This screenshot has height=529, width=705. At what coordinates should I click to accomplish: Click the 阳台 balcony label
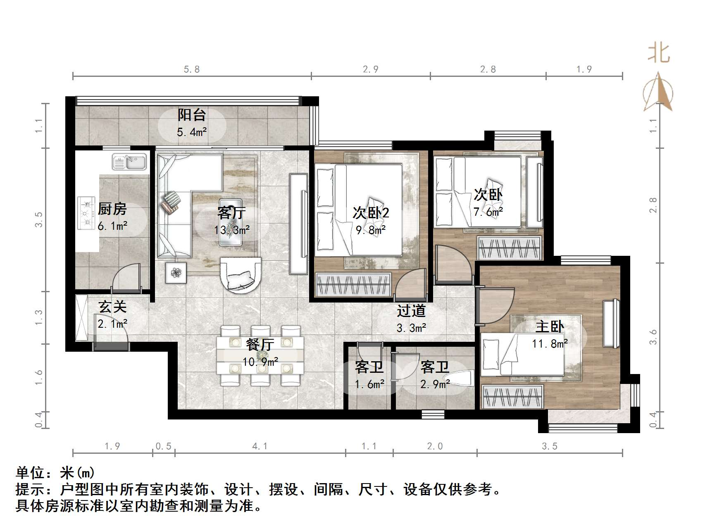pos(192,114)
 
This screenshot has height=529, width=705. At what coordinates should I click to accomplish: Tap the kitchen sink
pos(129,162)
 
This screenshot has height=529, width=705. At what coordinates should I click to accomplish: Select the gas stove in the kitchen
pos(86,213)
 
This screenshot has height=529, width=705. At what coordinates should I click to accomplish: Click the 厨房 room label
pos(112,209)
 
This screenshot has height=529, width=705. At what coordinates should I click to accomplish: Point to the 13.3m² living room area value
pos(232,230)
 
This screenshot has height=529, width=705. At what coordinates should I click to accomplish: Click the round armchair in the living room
pos(241,274)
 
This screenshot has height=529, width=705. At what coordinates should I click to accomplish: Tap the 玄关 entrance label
pos(112,307)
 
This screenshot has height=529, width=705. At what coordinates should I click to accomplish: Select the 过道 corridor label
pos(411,311)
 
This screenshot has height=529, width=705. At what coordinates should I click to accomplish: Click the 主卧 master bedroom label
pos(550,327)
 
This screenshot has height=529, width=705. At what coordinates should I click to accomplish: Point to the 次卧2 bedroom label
pos(371,213)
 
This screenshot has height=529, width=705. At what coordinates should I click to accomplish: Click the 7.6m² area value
pos(488,212)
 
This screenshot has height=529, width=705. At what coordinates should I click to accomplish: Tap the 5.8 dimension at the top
pos(192,69)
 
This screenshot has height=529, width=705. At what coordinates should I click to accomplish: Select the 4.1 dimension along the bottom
pos(260,446)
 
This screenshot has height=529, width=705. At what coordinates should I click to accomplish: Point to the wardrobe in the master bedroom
pos(513,396)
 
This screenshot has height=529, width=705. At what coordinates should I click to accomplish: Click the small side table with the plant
pos(176,272)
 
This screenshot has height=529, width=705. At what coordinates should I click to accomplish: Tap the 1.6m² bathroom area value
pos(369,384)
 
